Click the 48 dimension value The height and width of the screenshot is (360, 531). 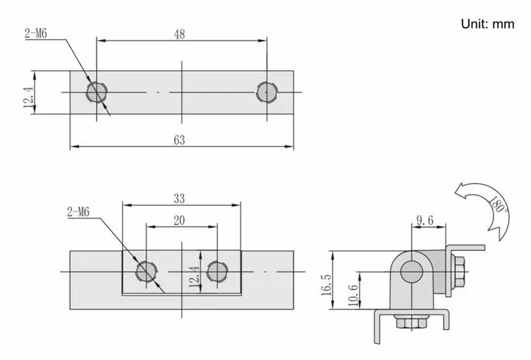(179, 34)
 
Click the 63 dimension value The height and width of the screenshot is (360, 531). (179, 140)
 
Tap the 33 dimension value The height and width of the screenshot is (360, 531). (179, 198)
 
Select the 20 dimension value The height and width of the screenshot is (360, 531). (179, 221)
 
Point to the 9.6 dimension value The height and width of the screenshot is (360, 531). (425, 221)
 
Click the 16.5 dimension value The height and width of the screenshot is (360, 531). (327, 285)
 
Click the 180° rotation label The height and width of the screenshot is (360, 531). (498, 204)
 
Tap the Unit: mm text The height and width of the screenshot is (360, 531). (487, 24)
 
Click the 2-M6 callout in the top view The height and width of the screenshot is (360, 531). (35, 33)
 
